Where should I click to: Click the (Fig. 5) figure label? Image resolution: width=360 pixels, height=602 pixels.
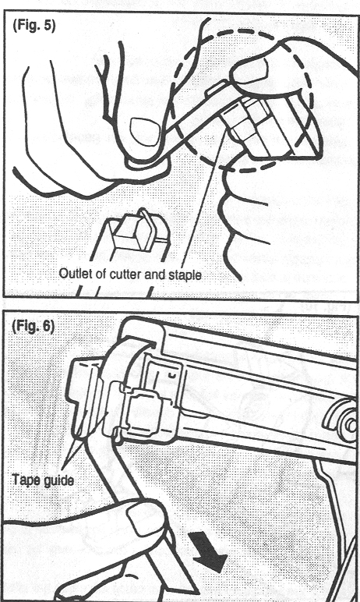(x=34, y=26)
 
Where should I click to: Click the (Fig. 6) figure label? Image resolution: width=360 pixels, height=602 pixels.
(x=33, y=326)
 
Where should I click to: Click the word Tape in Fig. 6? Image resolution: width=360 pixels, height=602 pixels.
(x=24, y=480)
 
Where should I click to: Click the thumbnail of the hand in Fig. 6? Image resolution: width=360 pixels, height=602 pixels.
(x=139, y=518)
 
